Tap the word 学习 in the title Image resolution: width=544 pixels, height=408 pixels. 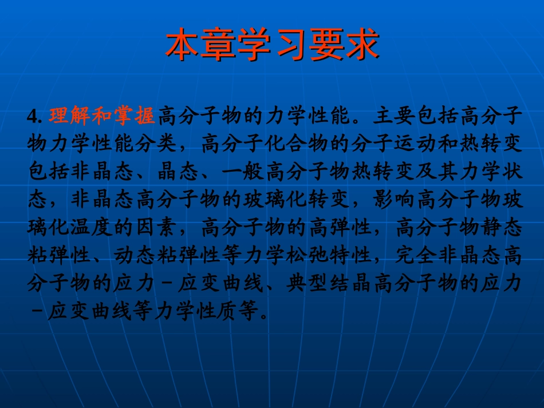click(273, 45)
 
